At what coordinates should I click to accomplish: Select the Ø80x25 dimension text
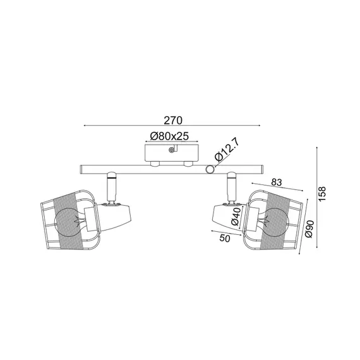tap(171, 135)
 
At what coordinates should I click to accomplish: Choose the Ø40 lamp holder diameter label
tap(234, 216)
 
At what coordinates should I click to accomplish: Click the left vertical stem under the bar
tap(111, 186)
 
